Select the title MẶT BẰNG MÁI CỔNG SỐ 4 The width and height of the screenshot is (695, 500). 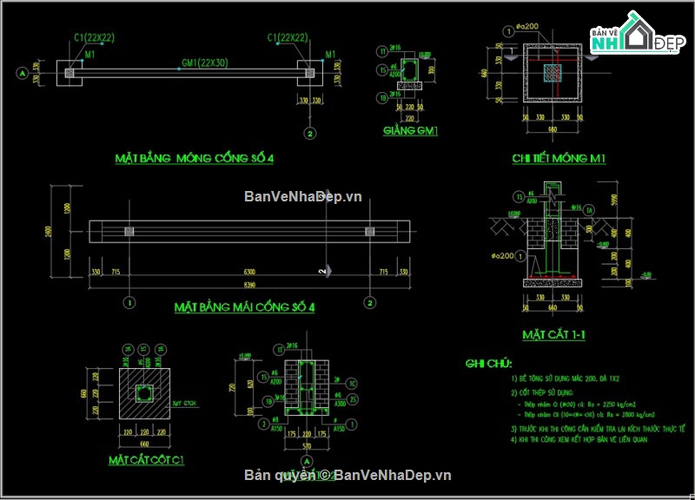244,307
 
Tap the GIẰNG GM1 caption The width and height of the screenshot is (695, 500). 410,132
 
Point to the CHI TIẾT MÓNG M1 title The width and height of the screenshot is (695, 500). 559,158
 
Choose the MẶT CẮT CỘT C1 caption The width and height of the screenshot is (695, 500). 146,458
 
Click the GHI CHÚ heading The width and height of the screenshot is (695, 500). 488,363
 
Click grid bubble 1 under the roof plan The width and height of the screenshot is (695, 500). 129,303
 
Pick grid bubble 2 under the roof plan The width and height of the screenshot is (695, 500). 370,303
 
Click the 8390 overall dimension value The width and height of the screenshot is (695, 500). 249,286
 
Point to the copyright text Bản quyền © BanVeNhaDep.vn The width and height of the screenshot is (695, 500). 347,475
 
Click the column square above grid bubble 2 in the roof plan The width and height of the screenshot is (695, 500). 370,232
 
